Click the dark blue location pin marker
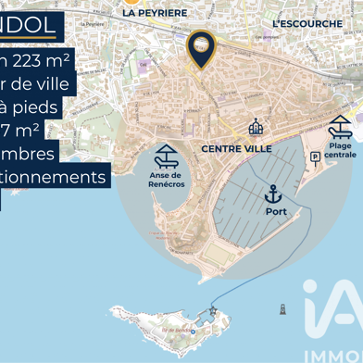coord(201,47)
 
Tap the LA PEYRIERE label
coord(155,13)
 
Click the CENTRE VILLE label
coord(237,148)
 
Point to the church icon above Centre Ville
coord(256,127)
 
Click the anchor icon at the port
coord(273,194)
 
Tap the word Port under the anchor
coord(276,211)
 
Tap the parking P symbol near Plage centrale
coord(315,157)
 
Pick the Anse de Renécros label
coord(167,179)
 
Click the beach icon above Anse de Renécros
coord(168,155)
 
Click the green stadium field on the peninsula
coord(216,253)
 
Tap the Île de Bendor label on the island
coord(175,330)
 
